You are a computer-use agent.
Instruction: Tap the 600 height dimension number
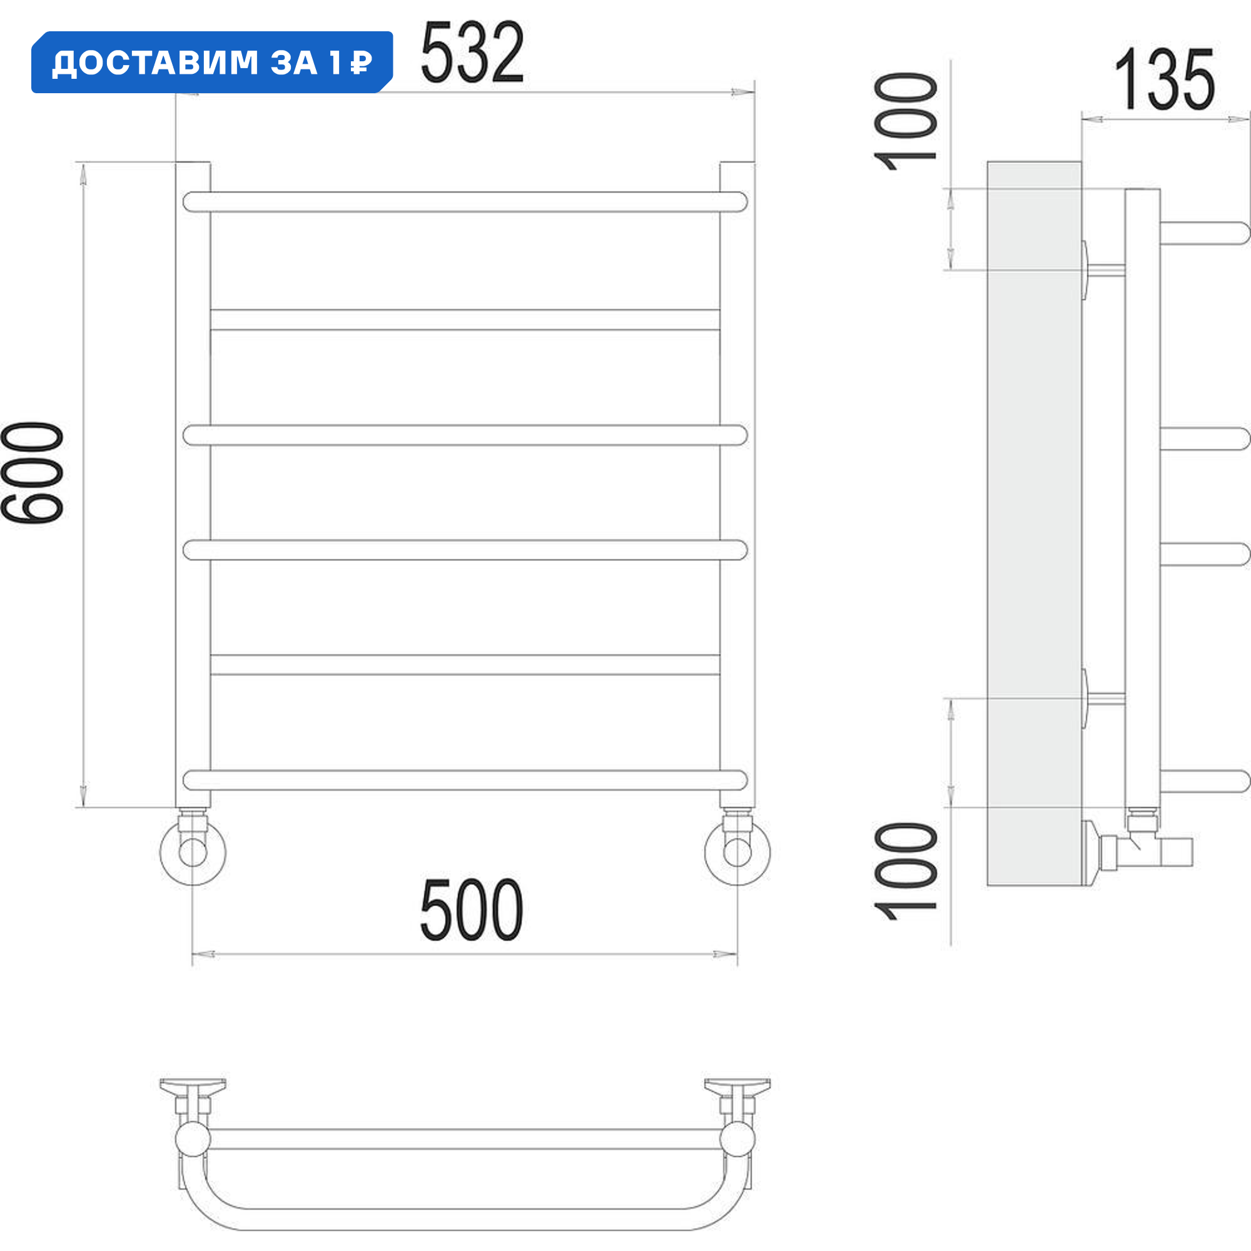(33, 473)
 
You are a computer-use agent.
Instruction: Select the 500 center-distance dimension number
(472, 909)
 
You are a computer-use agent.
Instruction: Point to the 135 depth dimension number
(1163, 79)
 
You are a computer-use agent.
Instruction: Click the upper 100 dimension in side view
(905, 121)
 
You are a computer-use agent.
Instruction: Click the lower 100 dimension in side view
(905, 871)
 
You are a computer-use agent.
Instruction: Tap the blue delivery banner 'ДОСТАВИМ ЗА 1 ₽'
(212, 62)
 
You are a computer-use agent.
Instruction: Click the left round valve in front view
(192, 852)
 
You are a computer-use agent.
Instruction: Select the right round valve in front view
(737, 852)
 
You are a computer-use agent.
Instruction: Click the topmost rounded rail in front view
(465, 202)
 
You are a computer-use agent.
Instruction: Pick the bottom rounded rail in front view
(465, 780)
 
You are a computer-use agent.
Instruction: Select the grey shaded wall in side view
(1033, 518)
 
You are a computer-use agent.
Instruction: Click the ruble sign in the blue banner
(361, 63)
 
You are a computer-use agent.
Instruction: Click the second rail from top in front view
(465, 320)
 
